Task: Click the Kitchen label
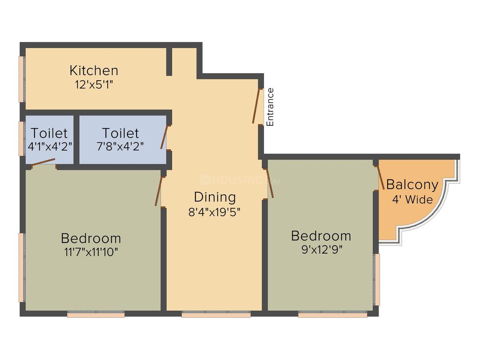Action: (94, 70)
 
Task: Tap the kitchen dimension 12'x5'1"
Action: (94, 84)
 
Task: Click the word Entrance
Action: (270, 107)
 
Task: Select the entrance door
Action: (256, 106)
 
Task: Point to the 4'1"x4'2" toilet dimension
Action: (50, 146)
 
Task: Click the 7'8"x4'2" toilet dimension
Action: (120, 146)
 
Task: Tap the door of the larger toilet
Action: (164, 137)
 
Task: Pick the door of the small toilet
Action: (43, 162)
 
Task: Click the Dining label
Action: (215, 197)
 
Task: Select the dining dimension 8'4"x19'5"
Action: (214, 212)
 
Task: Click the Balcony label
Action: (413, 185)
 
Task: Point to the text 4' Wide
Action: (413, 199)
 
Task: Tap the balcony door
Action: (381, 178)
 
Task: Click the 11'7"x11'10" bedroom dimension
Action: (91, 252)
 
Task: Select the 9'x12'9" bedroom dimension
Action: (322, 250)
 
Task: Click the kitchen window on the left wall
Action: (22, 79)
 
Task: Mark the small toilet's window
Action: (22, 139)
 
